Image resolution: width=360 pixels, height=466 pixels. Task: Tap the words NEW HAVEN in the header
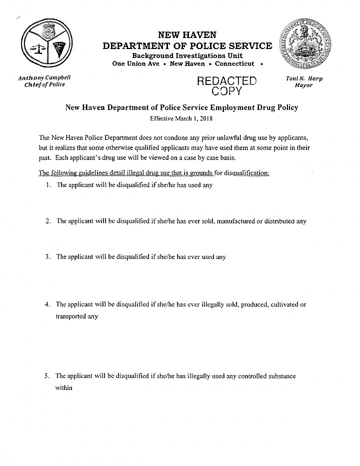(x=187, y=35)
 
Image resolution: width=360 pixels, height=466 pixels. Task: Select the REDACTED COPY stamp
(x=227, y=85)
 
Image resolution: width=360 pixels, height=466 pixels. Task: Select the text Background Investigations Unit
(x=187, y=55)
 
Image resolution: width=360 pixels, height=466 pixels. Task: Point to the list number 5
(x=47, y=376)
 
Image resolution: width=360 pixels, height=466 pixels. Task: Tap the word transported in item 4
(x=70, y=316)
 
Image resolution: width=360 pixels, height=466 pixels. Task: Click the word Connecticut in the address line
(x=234, y=63)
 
